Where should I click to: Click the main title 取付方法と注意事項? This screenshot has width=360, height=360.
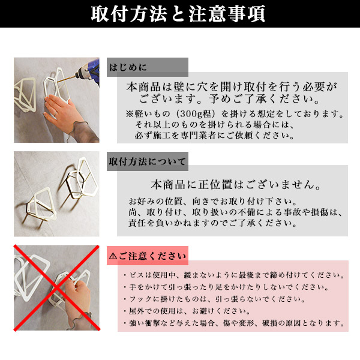click(178, 14)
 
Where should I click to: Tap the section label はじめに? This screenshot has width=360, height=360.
click(128, 67)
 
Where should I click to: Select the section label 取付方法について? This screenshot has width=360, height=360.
click(147, 161)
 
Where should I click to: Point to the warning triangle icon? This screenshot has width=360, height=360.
click(113, 256)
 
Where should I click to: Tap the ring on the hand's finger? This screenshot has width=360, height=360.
click(56, 113)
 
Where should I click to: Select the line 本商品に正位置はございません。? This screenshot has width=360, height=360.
click(236, 185)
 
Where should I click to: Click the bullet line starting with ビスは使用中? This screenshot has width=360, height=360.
click(234, 275)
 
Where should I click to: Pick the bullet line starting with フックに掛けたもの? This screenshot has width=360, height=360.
click(214, 299)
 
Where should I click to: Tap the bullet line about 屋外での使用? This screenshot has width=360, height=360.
click(187, 311)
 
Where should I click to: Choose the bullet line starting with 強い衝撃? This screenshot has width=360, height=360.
click(234, 323)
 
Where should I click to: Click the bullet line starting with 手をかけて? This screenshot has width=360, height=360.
click(226, 287)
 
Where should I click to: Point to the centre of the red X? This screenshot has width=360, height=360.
click(57, 288)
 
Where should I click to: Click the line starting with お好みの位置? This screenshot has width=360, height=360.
click(212, 202)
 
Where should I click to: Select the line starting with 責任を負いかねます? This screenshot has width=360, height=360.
click(212, 223)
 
